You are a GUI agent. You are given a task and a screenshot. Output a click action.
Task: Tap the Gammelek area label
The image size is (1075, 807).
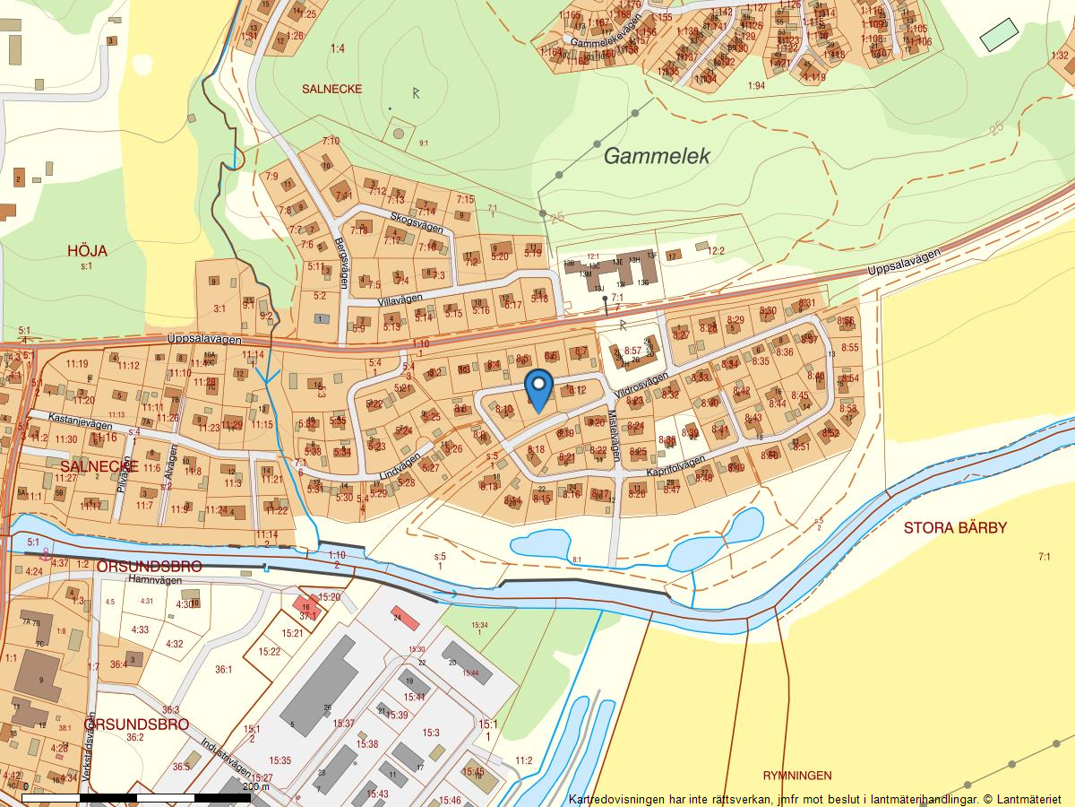pos(657,156)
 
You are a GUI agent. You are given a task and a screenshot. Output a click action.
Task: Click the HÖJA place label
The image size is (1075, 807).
pos(87,251)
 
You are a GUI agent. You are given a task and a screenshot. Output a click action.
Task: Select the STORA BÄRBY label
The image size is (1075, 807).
pos(955,527)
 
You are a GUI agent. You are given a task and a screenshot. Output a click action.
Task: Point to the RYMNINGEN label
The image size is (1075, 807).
pos(797,776)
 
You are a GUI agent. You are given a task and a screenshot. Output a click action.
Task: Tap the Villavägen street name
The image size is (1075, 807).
pos(399,301)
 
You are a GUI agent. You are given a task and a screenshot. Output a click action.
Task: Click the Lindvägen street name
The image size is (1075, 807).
pos(400,464)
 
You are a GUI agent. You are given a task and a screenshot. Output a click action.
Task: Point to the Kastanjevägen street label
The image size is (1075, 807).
pos(80,425)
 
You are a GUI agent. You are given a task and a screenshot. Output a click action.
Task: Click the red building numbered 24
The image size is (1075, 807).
pos(406,618)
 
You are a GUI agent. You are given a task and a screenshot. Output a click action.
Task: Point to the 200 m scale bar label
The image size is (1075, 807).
pos(255,786)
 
